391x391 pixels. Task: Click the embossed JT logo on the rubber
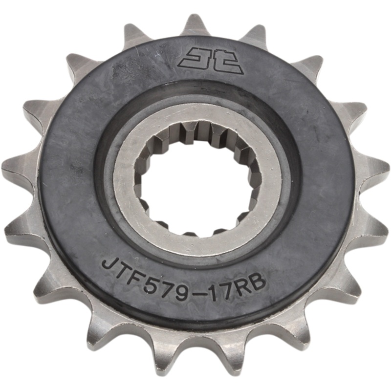click(212, 61)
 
